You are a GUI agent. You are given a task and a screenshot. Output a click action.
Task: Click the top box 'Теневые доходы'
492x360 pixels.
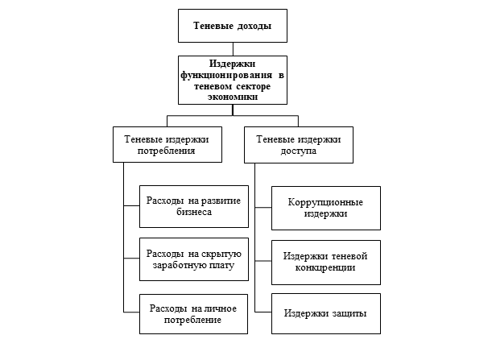[x=232, y=27]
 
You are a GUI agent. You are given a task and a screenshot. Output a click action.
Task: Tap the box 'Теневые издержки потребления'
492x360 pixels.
[x=166, y=145]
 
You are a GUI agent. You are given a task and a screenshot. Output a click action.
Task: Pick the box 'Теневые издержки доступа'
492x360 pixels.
[x=298, y=145]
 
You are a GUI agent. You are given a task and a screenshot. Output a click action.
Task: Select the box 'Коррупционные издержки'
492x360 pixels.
[x=325, y=208]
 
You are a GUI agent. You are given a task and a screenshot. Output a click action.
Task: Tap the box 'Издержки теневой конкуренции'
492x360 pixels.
[x=325, y=261]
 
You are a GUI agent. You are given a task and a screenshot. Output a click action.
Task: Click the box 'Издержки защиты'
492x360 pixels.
[x=325, y=313]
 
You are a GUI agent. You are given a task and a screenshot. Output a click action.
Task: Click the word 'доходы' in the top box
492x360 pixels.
[x=250, y=27]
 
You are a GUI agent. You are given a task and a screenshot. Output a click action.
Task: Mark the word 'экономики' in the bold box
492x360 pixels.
[x=232, y=94]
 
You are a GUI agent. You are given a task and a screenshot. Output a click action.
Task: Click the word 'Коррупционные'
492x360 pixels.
[x=325, y=202]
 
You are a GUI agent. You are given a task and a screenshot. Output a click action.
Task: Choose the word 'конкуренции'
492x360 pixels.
[x=325, y=267]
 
